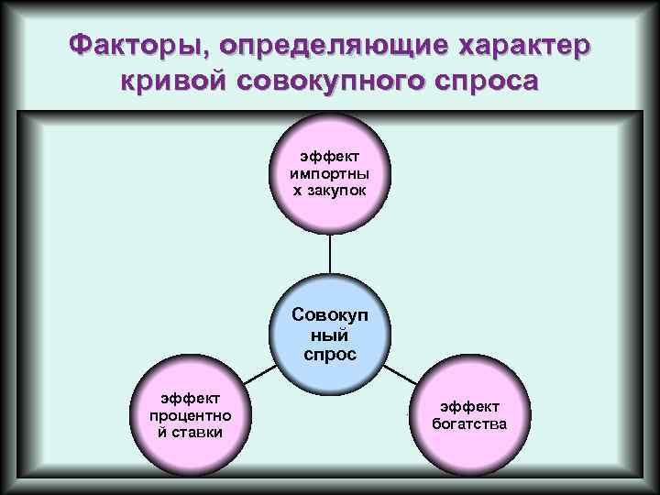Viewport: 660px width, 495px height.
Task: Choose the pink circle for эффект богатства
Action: pos(468,414)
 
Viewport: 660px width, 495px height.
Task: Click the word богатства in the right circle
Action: pos(468,423)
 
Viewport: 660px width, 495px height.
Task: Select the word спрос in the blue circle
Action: pos(330,353)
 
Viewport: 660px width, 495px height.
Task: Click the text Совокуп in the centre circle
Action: pos(330,314)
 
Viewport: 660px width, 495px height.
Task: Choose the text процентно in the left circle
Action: pos(190,414)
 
